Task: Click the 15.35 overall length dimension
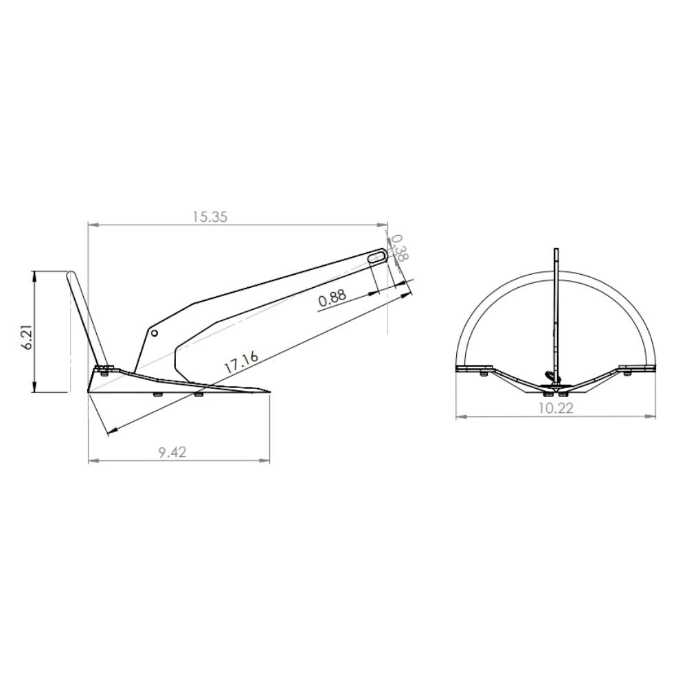[x=210, y=216]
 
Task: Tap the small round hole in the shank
[x=156, y=333]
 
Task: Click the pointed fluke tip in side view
[x=269, y=394]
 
